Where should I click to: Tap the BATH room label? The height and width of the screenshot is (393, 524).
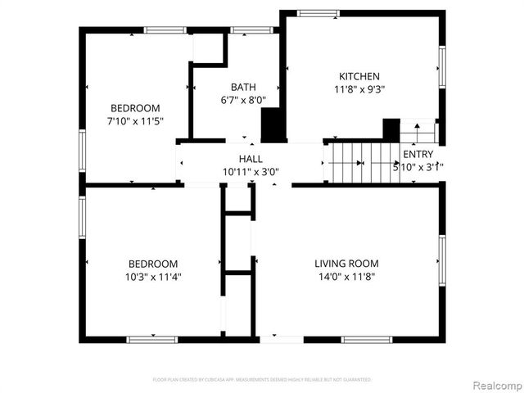pyautogui.click(x=243, y=88)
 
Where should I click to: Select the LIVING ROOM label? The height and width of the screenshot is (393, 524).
pyautogui.click(x=347, y=263)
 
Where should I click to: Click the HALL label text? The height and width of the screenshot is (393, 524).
pyautogui.click(x=251, y=159)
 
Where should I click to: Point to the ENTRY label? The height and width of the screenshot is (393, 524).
pyautogui.click(x=418, y=154)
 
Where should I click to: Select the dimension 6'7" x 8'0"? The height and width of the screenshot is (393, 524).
pyautogui.click(x=243, y=101)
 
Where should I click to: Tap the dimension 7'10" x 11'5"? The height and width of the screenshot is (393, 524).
pyautogui.click(x=136, y=121)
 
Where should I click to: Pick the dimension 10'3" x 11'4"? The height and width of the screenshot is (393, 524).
pyautogui.click(x=153, y=277)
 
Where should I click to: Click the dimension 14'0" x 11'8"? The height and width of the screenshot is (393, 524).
pyautogui.click(x=347, y=277)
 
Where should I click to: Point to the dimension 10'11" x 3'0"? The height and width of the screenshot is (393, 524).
pyautogui.click(x=251, y=172)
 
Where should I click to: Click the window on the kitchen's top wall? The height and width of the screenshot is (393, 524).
pyautogui.click(x=318, y=12)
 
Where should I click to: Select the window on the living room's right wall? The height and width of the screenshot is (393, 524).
pyautogui.click(x=442, y=260)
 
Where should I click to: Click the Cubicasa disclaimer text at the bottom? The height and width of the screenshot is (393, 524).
pyautogui.click(x=262, y=380)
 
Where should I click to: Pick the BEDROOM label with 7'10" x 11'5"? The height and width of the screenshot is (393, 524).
pyautogui.click(x=136, y=108)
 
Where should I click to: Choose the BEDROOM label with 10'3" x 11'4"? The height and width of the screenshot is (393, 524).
pyautogui.click(x=153, y=264)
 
